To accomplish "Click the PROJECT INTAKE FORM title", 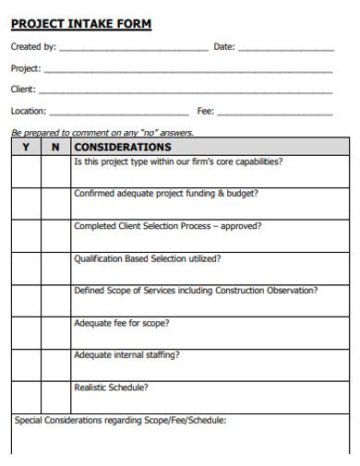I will click(81, 24).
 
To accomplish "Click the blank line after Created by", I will click(133, 48).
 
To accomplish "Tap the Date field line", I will click(285, 48).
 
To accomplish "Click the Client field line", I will click(185, 91).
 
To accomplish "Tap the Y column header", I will click(26, 147).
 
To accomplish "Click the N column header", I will click(55, 147).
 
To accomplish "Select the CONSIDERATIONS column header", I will click(123, 147).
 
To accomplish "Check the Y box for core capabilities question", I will click(26, 171).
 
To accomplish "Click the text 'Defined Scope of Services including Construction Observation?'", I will click(196, 291).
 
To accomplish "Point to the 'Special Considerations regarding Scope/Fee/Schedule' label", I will click(120, 421).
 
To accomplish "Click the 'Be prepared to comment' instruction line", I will click(102, 132).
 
